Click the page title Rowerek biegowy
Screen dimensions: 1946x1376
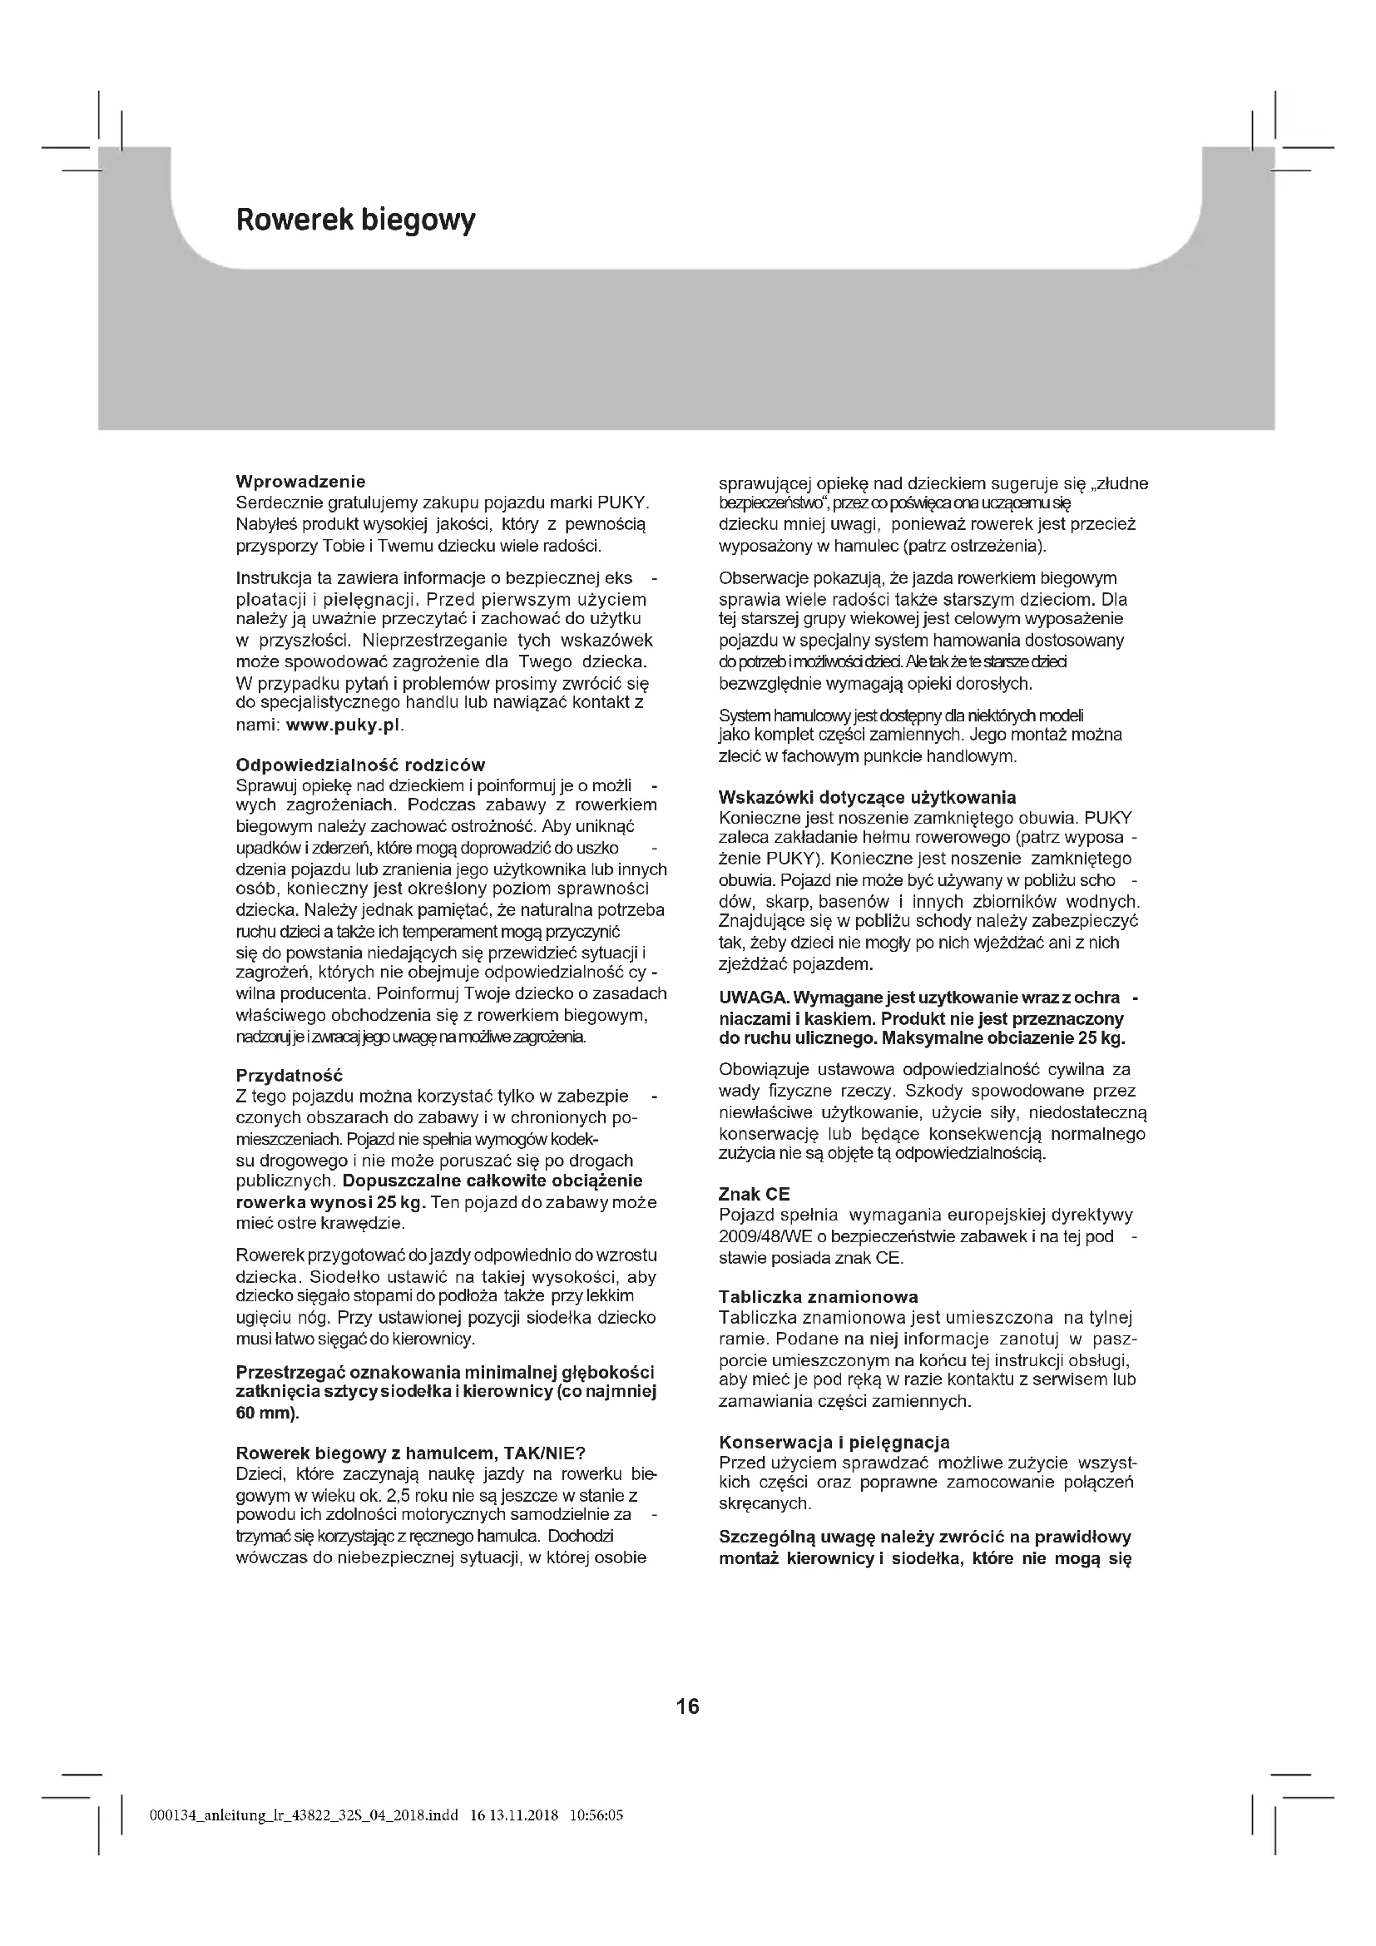pyautogui.click(x=355, y=220)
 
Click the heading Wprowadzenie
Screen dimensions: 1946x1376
pyautogui.click(x=301, y=483)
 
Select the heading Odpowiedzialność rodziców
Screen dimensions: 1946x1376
pyautogui.click(x=360, y=765)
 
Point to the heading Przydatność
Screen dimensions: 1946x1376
pyautogui.click(x=289, y=1076)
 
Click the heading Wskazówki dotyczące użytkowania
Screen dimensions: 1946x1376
pyautogui.click(x=867, y=798)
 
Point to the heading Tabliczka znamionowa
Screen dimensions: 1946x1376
pyautogui.click(x=819, y=1297)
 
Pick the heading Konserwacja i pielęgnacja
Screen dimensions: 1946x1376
pyautogui.click(x=834, y=1443)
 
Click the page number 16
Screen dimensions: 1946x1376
pyautogui.click(x=688, y=1706)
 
